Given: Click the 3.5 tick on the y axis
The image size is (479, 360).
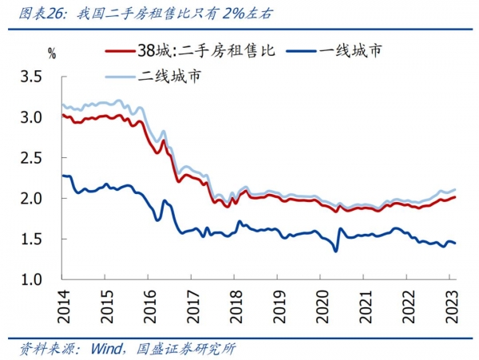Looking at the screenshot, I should point(39,77).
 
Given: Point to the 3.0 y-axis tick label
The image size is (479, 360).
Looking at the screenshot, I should point(39,118).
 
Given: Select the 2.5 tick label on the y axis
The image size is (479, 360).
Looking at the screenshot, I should point(39,158).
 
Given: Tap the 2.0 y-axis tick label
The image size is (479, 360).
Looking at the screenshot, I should point(39,199).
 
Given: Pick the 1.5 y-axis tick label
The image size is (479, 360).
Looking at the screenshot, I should point(39,239).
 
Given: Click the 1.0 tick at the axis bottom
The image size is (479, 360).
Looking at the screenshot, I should point(39,279).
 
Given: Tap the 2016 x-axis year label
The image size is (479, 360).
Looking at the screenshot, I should point(148,304).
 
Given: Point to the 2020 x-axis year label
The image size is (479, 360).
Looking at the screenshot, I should point(320,304).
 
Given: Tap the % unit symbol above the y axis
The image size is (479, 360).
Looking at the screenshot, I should point(52,54).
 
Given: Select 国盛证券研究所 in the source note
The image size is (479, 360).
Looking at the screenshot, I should point(183,349).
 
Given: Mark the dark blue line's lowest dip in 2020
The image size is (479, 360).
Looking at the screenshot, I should point(335,251).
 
